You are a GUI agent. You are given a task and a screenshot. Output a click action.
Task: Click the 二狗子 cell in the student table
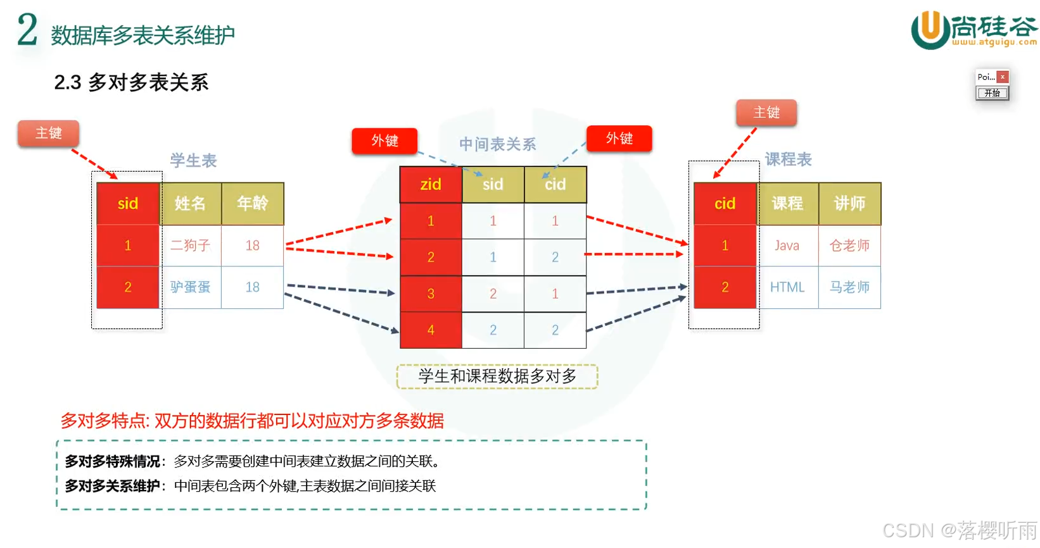[190, 246]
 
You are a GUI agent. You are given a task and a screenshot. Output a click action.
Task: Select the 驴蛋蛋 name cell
[190, 287]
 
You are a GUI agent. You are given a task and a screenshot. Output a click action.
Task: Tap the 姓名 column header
[190, 203]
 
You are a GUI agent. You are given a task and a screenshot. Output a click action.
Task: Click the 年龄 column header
[252, 203]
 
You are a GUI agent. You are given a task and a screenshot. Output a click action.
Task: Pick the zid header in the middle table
[431, 184]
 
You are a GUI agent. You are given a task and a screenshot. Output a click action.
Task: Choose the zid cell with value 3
[431, 294]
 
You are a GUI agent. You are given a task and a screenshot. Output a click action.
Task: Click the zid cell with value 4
[431, 330]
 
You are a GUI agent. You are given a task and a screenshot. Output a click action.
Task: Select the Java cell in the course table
[787, 246]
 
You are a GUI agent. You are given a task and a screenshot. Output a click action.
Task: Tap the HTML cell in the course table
[787, 287]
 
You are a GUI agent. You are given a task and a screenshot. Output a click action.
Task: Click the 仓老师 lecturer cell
[849, 246]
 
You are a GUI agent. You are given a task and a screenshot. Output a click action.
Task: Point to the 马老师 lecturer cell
[849, 287]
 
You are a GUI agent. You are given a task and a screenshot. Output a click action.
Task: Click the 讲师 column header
[849, 203]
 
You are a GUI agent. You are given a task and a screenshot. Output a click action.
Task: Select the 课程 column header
[787, 203]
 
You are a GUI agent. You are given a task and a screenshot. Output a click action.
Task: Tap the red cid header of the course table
[725, 203]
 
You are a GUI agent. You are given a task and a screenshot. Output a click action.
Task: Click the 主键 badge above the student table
[49, 133]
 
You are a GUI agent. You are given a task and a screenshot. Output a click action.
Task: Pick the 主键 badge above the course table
[766, 113]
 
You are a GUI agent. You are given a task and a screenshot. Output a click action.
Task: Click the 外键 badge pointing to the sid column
[384, 140]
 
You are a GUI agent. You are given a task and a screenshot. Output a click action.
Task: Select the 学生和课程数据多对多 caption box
[497, 377]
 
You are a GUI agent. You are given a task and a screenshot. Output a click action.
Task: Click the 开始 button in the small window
[992, 93]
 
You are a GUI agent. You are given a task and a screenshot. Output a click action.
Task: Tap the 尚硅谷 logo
[973, 29]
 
